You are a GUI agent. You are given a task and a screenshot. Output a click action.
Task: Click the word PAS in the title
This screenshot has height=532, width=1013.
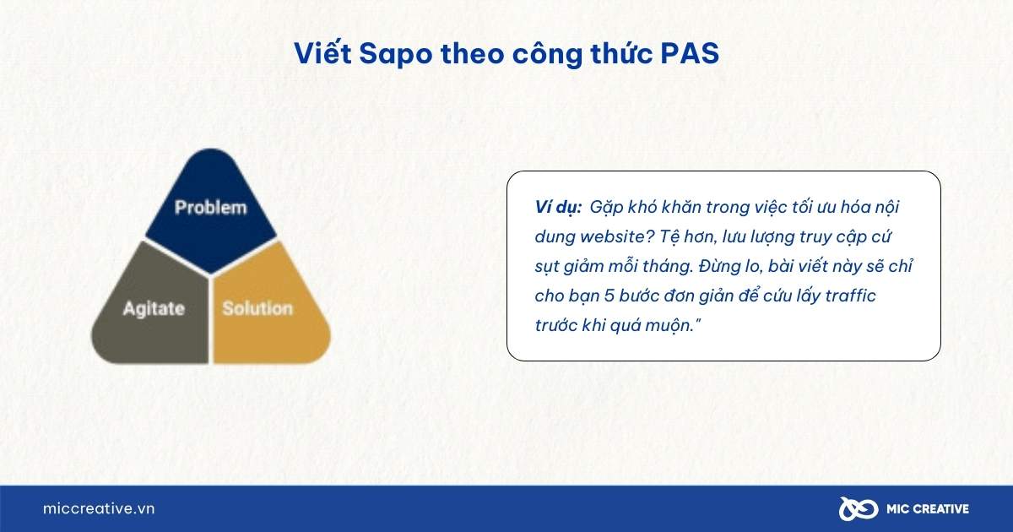coord(689,53)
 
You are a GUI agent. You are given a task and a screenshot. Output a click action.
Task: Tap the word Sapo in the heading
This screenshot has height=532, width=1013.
coord(396,54)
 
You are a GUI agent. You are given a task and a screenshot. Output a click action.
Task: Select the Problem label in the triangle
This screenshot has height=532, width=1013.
coord(211,208)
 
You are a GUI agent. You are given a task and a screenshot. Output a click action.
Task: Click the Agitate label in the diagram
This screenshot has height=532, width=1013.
coord(154,309)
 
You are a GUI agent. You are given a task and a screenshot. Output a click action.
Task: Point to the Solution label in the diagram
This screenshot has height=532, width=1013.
coord(257,308)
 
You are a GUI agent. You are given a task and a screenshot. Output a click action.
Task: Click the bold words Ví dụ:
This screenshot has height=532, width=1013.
coord(558,208)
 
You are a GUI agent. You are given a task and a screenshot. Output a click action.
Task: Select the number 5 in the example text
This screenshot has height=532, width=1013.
coord(609,296)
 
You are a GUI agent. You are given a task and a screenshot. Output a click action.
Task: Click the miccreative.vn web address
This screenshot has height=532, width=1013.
coord(99,509)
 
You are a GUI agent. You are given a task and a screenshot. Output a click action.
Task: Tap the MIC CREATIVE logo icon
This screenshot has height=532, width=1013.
coord(859,509)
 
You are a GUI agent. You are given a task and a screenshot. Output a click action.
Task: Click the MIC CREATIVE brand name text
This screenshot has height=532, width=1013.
coord(928,509)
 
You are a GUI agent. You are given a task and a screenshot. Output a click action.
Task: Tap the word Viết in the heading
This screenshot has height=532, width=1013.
coord(322,53)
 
